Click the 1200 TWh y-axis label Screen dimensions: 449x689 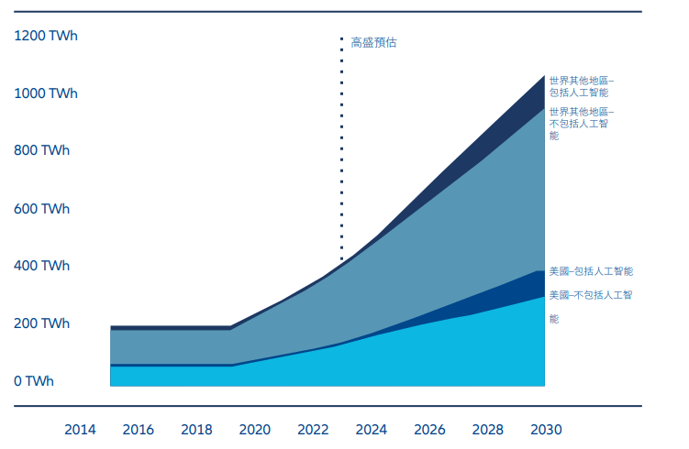[x=46, y=36]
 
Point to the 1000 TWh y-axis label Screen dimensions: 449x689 [x=46, y=93]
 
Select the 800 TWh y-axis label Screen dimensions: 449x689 [x=42, y=150]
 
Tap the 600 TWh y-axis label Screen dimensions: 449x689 [x=42, y=209]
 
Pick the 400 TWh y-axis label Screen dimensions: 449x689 [x=42, y=266]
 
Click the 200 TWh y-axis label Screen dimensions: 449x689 [x=42, y=323]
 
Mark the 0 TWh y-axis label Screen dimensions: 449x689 [x=34, y=381]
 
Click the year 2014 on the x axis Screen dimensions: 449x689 [x=80, y=429]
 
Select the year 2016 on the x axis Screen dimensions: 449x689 [x=139, y=429]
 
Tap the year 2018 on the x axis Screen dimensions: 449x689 [x=196, y=429]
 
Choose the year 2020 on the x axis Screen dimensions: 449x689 [x=254, y=429]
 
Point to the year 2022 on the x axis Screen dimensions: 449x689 [x=313, y=429]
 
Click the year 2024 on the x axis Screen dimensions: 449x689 [x=371, y=429]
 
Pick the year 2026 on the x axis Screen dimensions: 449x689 [x=429, y=429]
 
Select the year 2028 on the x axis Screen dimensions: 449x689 [x=487, y=429]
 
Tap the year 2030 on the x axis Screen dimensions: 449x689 [x=545, y=429]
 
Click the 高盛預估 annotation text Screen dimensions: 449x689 [x=373, y=42]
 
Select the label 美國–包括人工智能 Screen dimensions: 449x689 [x=591, y=271]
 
